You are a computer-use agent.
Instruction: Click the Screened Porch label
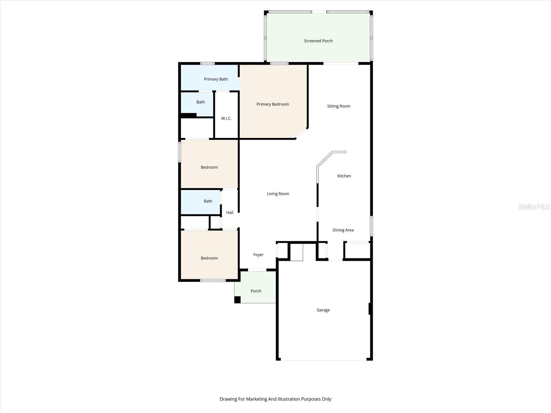tap(318, 41)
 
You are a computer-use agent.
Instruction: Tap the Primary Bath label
tap(216, 79)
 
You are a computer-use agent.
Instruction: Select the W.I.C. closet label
tap(226, 118)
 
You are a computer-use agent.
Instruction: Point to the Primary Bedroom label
tap(272, 104)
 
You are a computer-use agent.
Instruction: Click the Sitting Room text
tap(339, 106)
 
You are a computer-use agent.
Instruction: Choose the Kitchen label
tap(344, 176)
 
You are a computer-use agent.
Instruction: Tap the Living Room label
tap(278, 194)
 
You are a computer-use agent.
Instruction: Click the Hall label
tap(230, 213)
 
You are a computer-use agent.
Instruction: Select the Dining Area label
tap(343, 230)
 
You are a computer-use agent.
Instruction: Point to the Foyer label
tap(258, 255)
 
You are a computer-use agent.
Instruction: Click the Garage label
tap(323, 310)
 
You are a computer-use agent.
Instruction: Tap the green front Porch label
tap(256, 291)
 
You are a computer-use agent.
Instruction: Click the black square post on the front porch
tap(237, 300)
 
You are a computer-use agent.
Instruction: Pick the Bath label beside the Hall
tap(208, 201)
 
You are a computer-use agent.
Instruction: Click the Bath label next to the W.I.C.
tap(200, 102)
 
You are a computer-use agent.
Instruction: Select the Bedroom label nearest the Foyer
tap(209, 258)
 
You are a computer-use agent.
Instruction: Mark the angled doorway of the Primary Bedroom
tap(302, 134)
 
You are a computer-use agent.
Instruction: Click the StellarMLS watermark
tap(533, 207)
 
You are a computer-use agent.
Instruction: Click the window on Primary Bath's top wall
tap(207, 63)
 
